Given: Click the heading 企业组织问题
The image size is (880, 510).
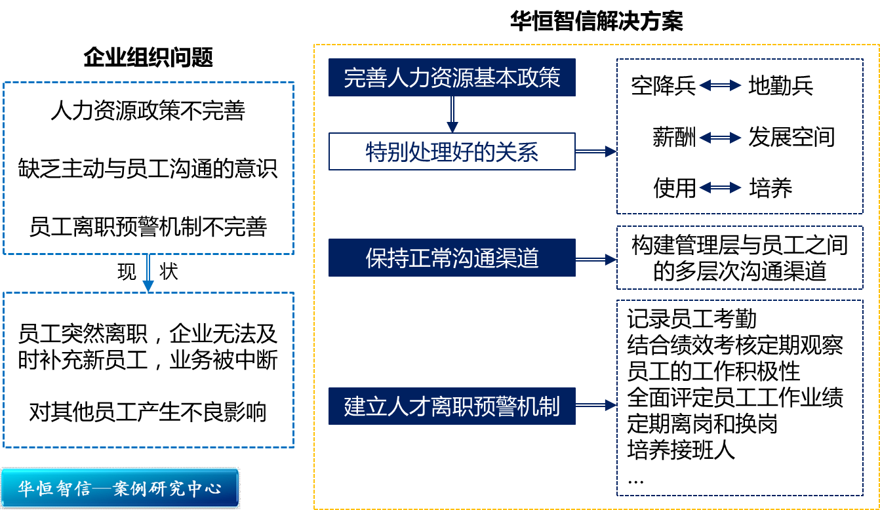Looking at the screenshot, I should tap(148, 58).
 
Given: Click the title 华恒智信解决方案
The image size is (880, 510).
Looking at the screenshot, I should tap(596, 21).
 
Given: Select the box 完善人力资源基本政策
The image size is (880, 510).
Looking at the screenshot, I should tap(452, 78).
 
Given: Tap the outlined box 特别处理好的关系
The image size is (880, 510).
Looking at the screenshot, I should tap(452, 152).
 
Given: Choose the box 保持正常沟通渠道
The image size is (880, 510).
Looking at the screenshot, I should tap(452, 258).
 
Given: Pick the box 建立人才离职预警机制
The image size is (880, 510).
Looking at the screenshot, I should tap(452, 406).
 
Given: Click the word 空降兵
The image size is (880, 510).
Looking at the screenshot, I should tap(663, 86).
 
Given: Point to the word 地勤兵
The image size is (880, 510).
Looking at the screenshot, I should tap(780, 86).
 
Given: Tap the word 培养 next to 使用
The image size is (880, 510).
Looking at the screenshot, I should tap(770, 189).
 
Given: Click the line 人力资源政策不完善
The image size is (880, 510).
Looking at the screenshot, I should tap(148, 111).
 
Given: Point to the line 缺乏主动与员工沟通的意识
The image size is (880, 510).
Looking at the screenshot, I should tap(148, 168).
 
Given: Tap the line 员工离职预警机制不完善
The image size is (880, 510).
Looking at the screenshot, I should tap(148, 227).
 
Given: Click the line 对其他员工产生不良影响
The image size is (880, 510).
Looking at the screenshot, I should tap(148, 412).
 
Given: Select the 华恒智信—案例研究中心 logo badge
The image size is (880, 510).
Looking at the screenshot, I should tap(120, 488).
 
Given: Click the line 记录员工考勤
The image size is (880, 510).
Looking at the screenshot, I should tap(692, 319).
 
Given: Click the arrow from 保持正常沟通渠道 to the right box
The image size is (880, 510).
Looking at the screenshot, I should tap(595, 260).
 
